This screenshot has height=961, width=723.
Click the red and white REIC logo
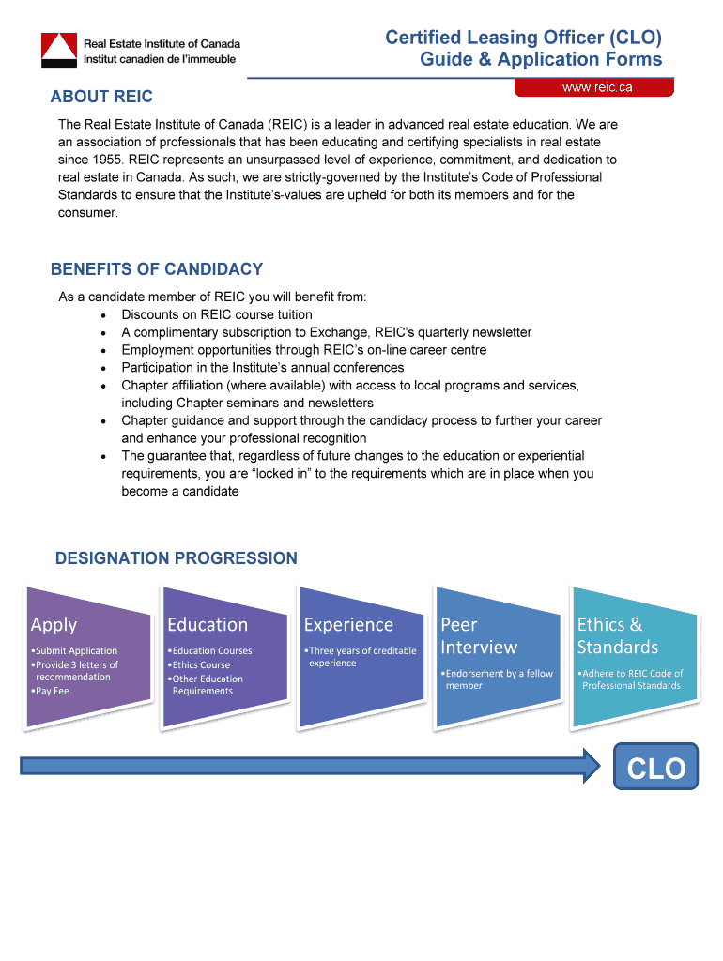pos(58,49)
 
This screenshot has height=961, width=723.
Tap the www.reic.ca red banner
pos(594,87)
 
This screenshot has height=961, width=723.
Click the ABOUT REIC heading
pos(101,97)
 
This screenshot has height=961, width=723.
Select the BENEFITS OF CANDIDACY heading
pos(157,269)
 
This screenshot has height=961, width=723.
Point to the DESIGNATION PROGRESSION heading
pos(177,558)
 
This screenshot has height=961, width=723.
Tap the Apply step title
pos(54,625)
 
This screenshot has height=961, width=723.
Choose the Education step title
pos(208,625)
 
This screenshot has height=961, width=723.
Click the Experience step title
pos(348,625)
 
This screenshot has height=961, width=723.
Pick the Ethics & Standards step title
pos(617,636)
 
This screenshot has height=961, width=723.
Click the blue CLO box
pos(656,769)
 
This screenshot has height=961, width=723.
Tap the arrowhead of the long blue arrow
pos(592,766)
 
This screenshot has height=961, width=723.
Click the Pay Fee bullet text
pos(52,691)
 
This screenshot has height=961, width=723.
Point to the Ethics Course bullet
pos(200,664)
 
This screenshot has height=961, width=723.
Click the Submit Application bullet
pos(76,650)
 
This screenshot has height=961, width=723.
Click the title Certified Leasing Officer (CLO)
pos(523,38)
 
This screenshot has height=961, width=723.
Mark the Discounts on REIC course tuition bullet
pos(217,314)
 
